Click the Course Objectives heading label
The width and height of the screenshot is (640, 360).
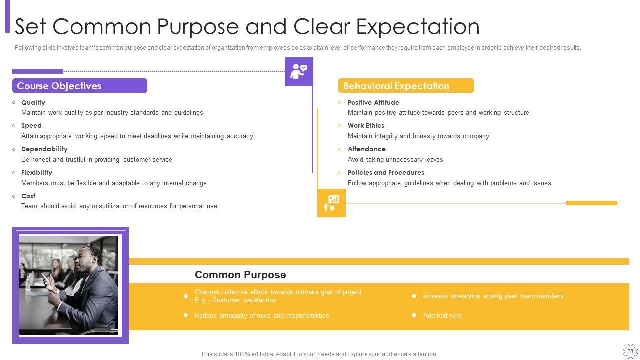(x=59, y=86)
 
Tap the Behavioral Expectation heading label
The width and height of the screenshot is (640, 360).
(x=396, y=86)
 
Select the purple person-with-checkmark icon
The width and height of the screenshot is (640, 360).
(x=299, y=71)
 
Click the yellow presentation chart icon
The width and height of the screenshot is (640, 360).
(x=331, y=203)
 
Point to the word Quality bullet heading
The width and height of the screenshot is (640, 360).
(x=33, y=102)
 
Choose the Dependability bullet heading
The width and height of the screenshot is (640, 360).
(x=44, y=149)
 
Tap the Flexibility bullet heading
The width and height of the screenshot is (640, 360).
(x=37, y=173)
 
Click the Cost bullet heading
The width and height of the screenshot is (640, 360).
(x=28, y=196)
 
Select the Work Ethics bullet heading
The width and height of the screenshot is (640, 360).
(x=366, y=125)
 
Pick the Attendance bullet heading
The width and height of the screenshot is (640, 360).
(x=367, y=149)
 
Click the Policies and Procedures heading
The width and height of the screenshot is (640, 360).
(x=386, y=172)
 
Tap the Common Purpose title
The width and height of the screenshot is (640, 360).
(x=240, y=275)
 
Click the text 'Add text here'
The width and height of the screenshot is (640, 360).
(x=442, y=315)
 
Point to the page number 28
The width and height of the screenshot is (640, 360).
(x=630, y=351)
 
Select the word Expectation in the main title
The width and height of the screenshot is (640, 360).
(x=418, y=27)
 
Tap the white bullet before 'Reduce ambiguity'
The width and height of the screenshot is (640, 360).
(x=186, y=315)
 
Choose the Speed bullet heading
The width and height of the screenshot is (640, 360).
(x=31, y=126)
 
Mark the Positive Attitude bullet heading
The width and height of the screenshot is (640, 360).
(x=373, y=102)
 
